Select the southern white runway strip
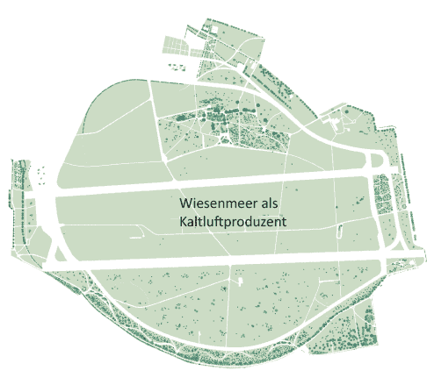(220, 260)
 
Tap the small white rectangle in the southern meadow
(238, 284)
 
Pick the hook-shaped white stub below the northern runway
(135, 235)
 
